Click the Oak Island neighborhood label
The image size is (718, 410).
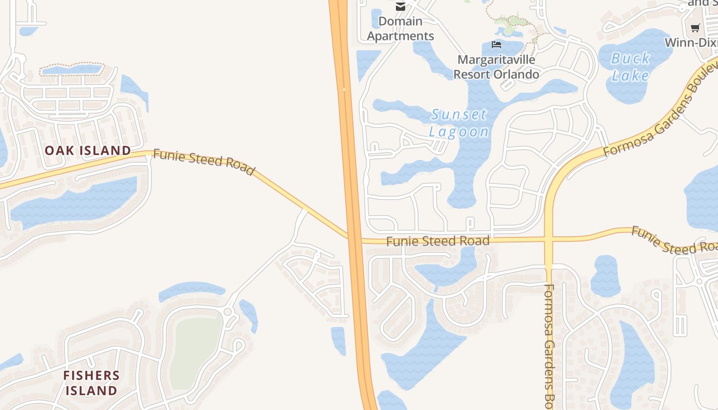point(88,151)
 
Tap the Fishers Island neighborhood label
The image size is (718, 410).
point(91,383)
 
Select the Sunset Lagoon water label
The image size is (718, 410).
point(459,123)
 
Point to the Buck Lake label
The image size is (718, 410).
point(630,67)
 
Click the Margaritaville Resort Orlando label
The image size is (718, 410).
point(496,67)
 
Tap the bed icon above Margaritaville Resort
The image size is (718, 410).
point(496,45)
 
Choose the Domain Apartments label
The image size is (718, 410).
point(401,29)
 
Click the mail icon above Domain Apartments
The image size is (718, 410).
point(401,6)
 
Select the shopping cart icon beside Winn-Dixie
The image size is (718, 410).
point(695,28)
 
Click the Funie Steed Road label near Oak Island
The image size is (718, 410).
point(204,162)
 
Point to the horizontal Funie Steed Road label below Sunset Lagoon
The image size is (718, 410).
point(437,241)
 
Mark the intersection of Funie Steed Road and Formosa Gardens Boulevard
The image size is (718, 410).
point(549,239)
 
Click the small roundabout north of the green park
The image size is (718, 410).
point(228,312)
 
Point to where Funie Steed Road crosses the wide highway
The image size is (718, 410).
point(354,239)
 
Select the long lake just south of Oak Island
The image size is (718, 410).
point(77,200)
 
